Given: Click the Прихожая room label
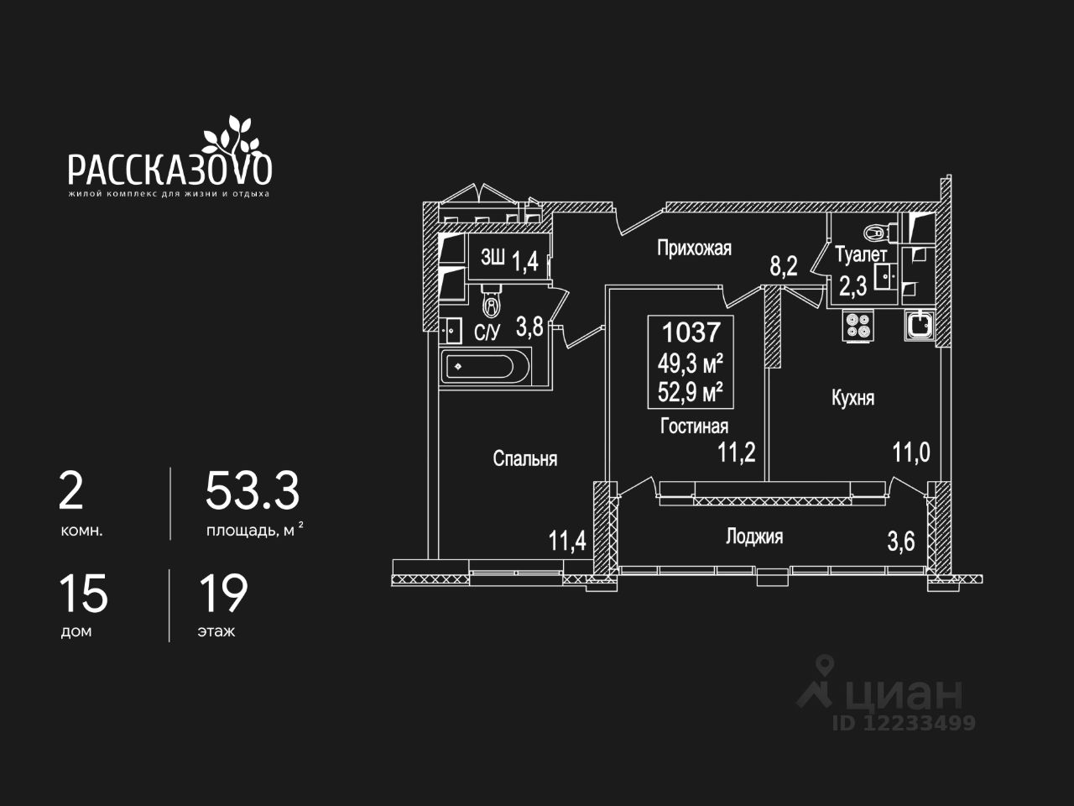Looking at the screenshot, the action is tap(694, 249).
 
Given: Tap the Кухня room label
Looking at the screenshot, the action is tap(852, 398).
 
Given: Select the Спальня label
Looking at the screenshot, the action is tap(525, 458).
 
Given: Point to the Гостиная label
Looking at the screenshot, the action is tap(694, 427).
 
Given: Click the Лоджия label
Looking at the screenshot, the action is tap(754, 536).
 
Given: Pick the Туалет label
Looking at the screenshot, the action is tap(861, 254).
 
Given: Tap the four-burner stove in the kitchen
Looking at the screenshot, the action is tap(858, 326).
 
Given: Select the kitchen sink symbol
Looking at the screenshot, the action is tap(920, 325).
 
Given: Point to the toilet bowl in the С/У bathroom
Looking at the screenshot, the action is tap(492, 301).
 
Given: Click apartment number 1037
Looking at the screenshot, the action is tap(691, 332).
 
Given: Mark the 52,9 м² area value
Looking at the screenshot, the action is tap(691, 391).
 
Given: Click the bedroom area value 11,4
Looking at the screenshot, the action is tap(567, 541).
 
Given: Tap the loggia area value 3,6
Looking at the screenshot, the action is tap(901, 542).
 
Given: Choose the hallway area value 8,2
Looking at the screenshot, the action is tap(784, 266).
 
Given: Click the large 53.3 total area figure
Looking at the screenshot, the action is tap(252, 491).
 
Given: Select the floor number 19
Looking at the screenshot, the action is tap(223, 594).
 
